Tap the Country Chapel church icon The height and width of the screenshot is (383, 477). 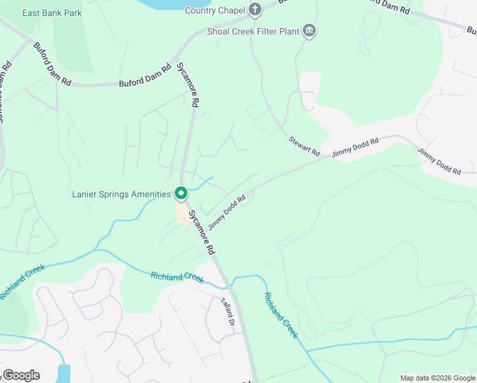[x=255, y=9]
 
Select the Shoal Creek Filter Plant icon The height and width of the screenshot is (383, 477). [x=309, y=31]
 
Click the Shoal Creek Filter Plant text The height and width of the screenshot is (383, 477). [x=253, y=31]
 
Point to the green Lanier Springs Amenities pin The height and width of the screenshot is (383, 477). [x=181, y=193]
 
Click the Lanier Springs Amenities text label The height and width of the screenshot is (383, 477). [x=121, y=193]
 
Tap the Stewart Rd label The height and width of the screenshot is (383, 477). [x=304, y=147]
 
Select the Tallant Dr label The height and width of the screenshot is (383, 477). [x=227, y=312]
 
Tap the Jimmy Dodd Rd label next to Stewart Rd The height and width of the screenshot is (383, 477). [x=355, y=147]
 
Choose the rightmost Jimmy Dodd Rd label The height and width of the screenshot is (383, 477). [x=439, y=161]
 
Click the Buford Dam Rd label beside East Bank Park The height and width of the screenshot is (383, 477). [x=52, y=64]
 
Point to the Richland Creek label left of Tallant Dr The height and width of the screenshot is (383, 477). [x=177, y=277]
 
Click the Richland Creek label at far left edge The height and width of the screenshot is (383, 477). [x=22, y=282]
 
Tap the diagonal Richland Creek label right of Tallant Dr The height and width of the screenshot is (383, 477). [x=281, y=315]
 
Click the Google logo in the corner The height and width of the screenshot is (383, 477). [x=21, y=375]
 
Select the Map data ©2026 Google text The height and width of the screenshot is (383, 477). [x=437, y=378]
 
